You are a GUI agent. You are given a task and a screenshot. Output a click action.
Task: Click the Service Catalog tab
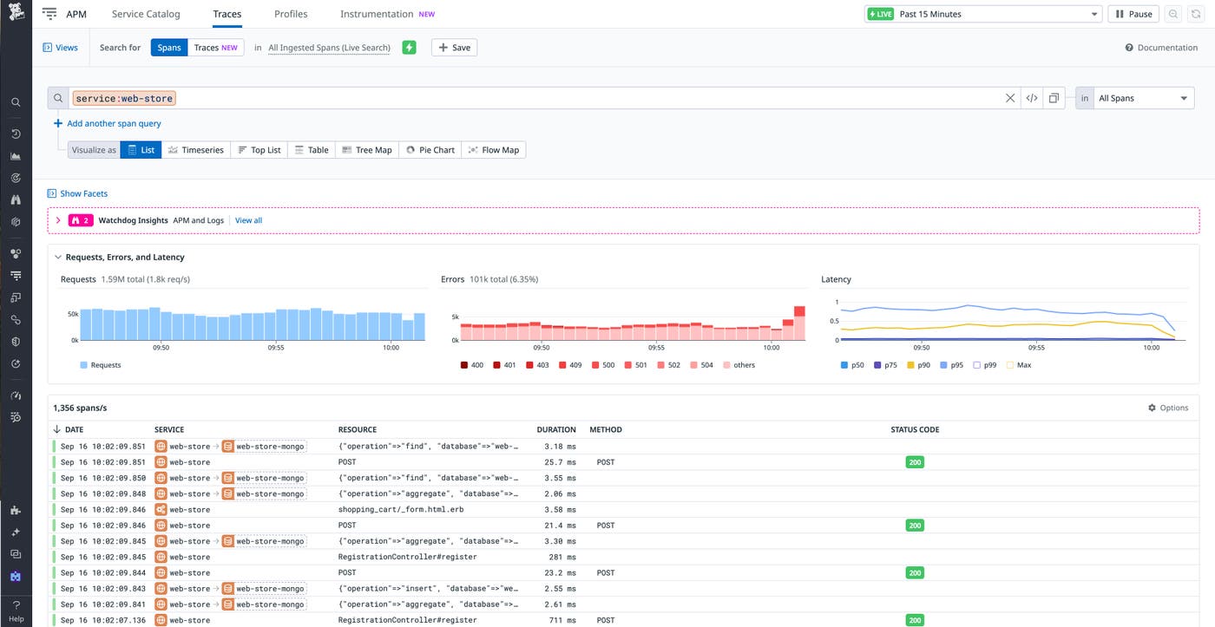click(x=146, y=14)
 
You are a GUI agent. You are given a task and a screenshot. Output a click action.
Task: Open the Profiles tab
click(x=291, y=14)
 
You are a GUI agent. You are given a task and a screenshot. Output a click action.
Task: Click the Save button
click(x=454, y=48)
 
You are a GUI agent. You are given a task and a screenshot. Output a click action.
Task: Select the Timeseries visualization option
click(x=196, y=150)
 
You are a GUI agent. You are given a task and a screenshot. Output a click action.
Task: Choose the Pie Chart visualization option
click(x=430, y=150)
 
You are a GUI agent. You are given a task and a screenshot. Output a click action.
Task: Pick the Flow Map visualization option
click(x=494, y=150)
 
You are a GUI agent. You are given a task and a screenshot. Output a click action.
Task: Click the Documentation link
click(x=1161, y=48)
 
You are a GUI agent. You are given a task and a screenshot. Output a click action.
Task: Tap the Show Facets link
click(x=83, y=193)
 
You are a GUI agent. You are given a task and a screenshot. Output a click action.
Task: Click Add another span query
click(x=114, y=123)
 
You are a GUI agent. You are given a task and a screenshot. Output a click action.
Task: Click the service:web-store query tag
click(x=124, y=99)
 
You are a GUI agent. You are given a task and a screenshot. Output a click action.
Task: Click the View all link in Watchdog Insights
click(x=248, y=220)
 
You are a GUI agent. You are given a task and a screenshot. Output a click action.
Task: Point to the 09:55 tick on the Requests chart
click(x=275, y=348)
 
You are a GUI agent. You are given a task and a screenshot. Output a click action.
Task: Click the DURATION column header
click(x=556, y=429)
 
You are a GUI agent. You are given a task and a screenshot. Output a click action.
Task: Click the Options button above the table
click(x=1168, y=408)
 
